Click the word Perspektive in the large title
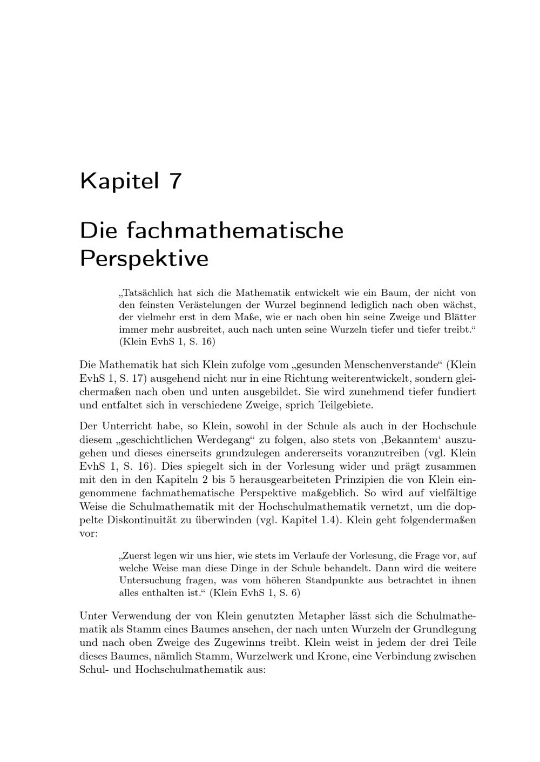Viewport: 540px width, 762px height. tap(144, 259)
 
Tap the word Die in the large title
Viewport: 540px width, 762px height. tap(98, 231)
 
